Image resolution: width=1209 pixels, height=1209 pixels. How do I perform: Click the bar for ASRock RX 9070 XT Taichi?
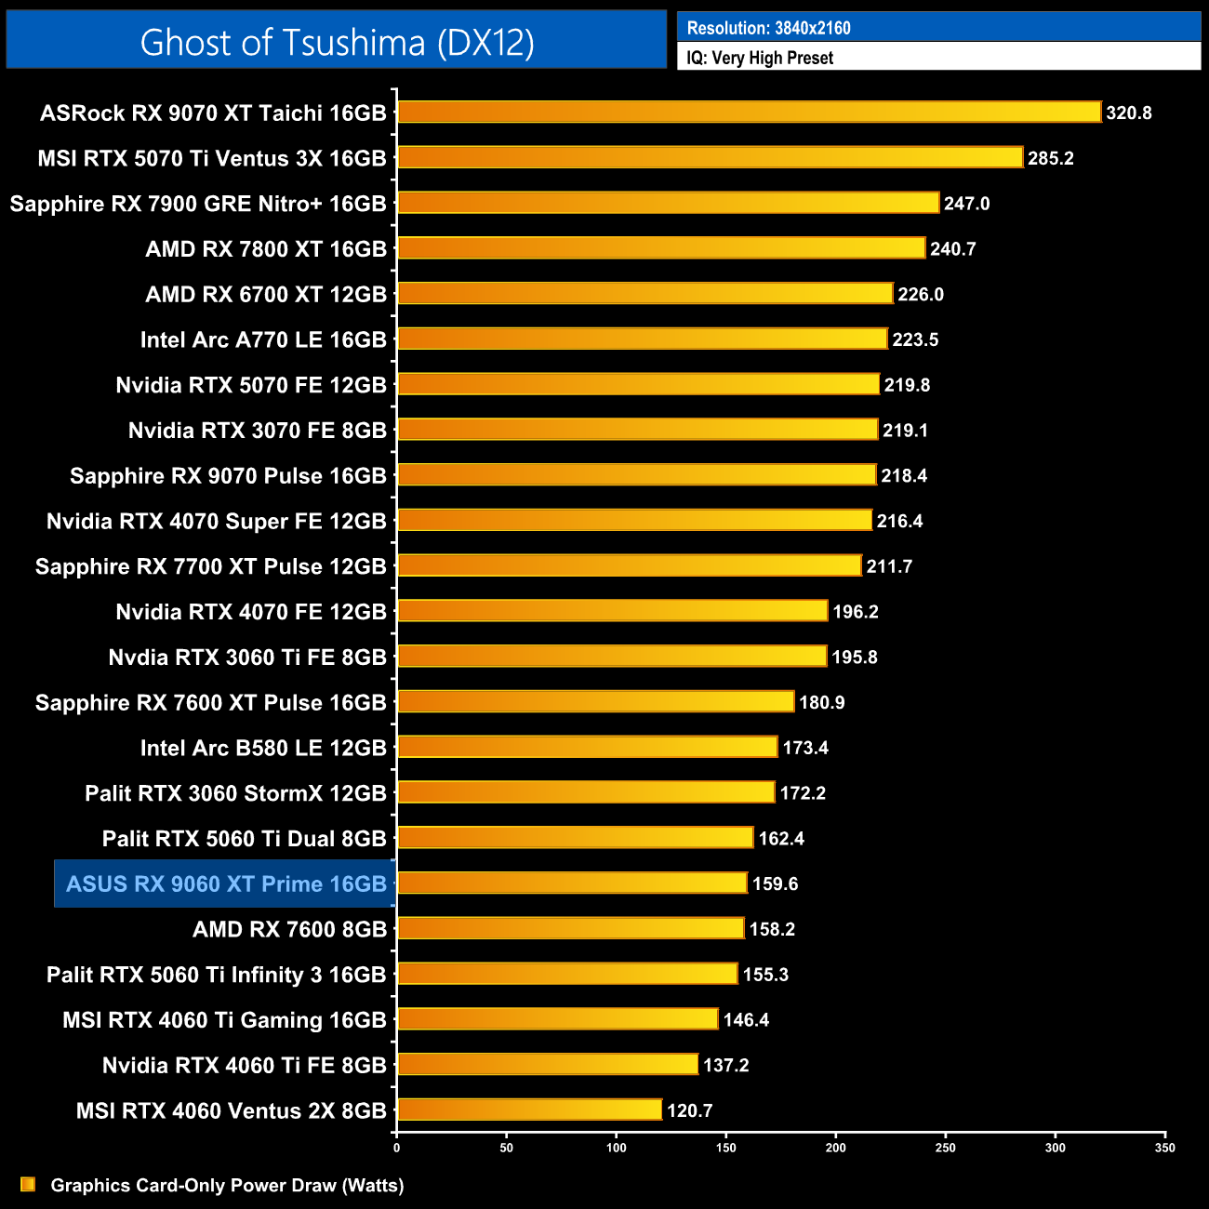749,113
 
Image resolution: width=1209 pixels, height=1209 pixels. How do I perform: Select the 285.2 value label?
1050,158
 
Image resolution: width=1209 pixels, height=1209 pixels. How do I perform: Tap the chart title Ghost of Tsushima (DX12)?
337,42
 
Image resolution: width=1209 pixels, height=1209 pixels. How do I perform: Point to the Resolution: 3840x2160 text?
768,28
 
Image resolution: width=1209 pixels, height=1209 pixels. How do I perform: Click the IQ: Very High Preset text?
760,58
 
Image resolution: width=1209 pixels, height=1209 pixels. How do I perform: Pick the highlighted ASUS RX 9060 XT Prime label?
226,883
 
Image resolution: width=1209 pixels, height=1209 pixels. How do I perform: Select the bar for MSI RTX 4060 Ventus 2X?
529,1109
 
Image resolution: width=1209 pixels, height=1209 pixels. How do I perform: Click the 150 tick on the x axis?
725,1148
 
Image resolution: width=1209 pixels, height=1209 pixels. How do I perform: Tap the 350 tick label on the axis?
1164,1148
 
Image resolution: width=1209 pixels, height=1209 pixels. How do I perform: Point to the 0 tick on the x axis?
397,1148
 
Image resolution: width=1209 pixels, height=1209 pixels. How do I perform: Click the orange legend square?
28,1184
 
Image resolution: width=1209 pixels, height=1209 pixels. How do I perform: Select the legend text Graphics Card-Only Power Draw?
227,1185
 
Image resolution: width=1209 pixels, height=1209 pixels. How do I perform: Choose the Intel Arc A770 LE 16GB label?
263,339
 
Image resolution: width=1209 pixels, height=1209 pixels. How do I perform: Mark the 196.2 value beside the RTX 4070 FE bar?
855,612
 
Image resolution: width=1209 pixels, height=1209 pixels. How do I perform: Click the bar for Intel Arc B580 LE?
587,747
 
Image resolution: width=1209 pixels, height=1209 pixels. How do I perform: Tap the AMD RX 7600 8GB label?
289,929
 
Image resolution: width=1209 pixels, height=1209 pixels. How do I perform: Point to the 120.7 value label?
689,1110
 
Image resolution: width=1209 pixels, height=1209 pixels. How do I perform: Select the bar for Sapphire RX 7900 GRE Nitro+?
668,203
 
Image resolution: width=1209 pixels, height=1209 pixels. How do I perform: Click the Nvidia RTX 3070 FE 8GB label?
257,431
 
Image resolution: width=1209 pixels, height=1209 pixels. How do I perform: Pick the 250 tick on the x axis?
945,1148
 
